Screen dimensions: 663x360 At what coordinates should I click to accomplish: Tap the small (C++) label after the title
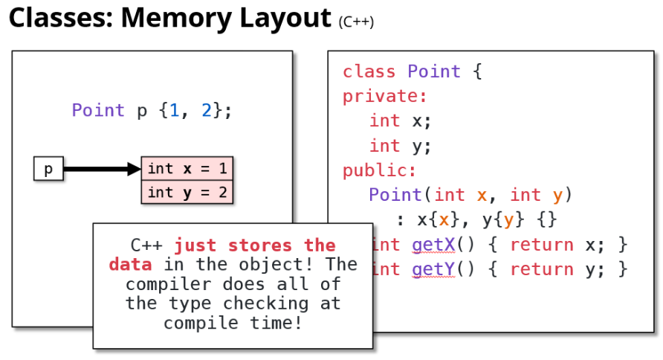point(356,22)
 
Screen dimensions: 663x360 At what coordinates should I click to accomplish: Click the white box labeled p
point(48,170)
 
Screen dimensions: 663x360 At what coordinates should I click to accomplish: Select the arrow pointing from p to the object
point(102,170)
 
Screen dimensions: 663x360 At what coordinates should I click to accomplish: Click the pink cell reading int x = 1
point(187,169)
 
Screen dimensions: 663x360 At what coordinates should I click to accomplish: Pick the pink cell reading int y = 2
point(187,193)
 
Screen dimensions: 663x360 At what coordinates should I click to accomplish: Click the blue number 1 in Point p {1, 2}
point(175,111)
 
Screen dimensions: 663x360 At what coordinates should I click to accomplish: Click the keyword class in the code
point(369,71)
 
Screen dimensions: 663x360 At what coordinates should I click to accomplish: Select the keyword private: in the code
point(385,96)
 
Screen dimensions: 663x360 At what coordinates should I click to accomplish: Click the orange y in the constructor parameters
point(557,196)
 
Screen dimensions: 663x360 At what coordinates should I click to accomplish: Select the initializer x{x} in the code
point(434,220)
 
